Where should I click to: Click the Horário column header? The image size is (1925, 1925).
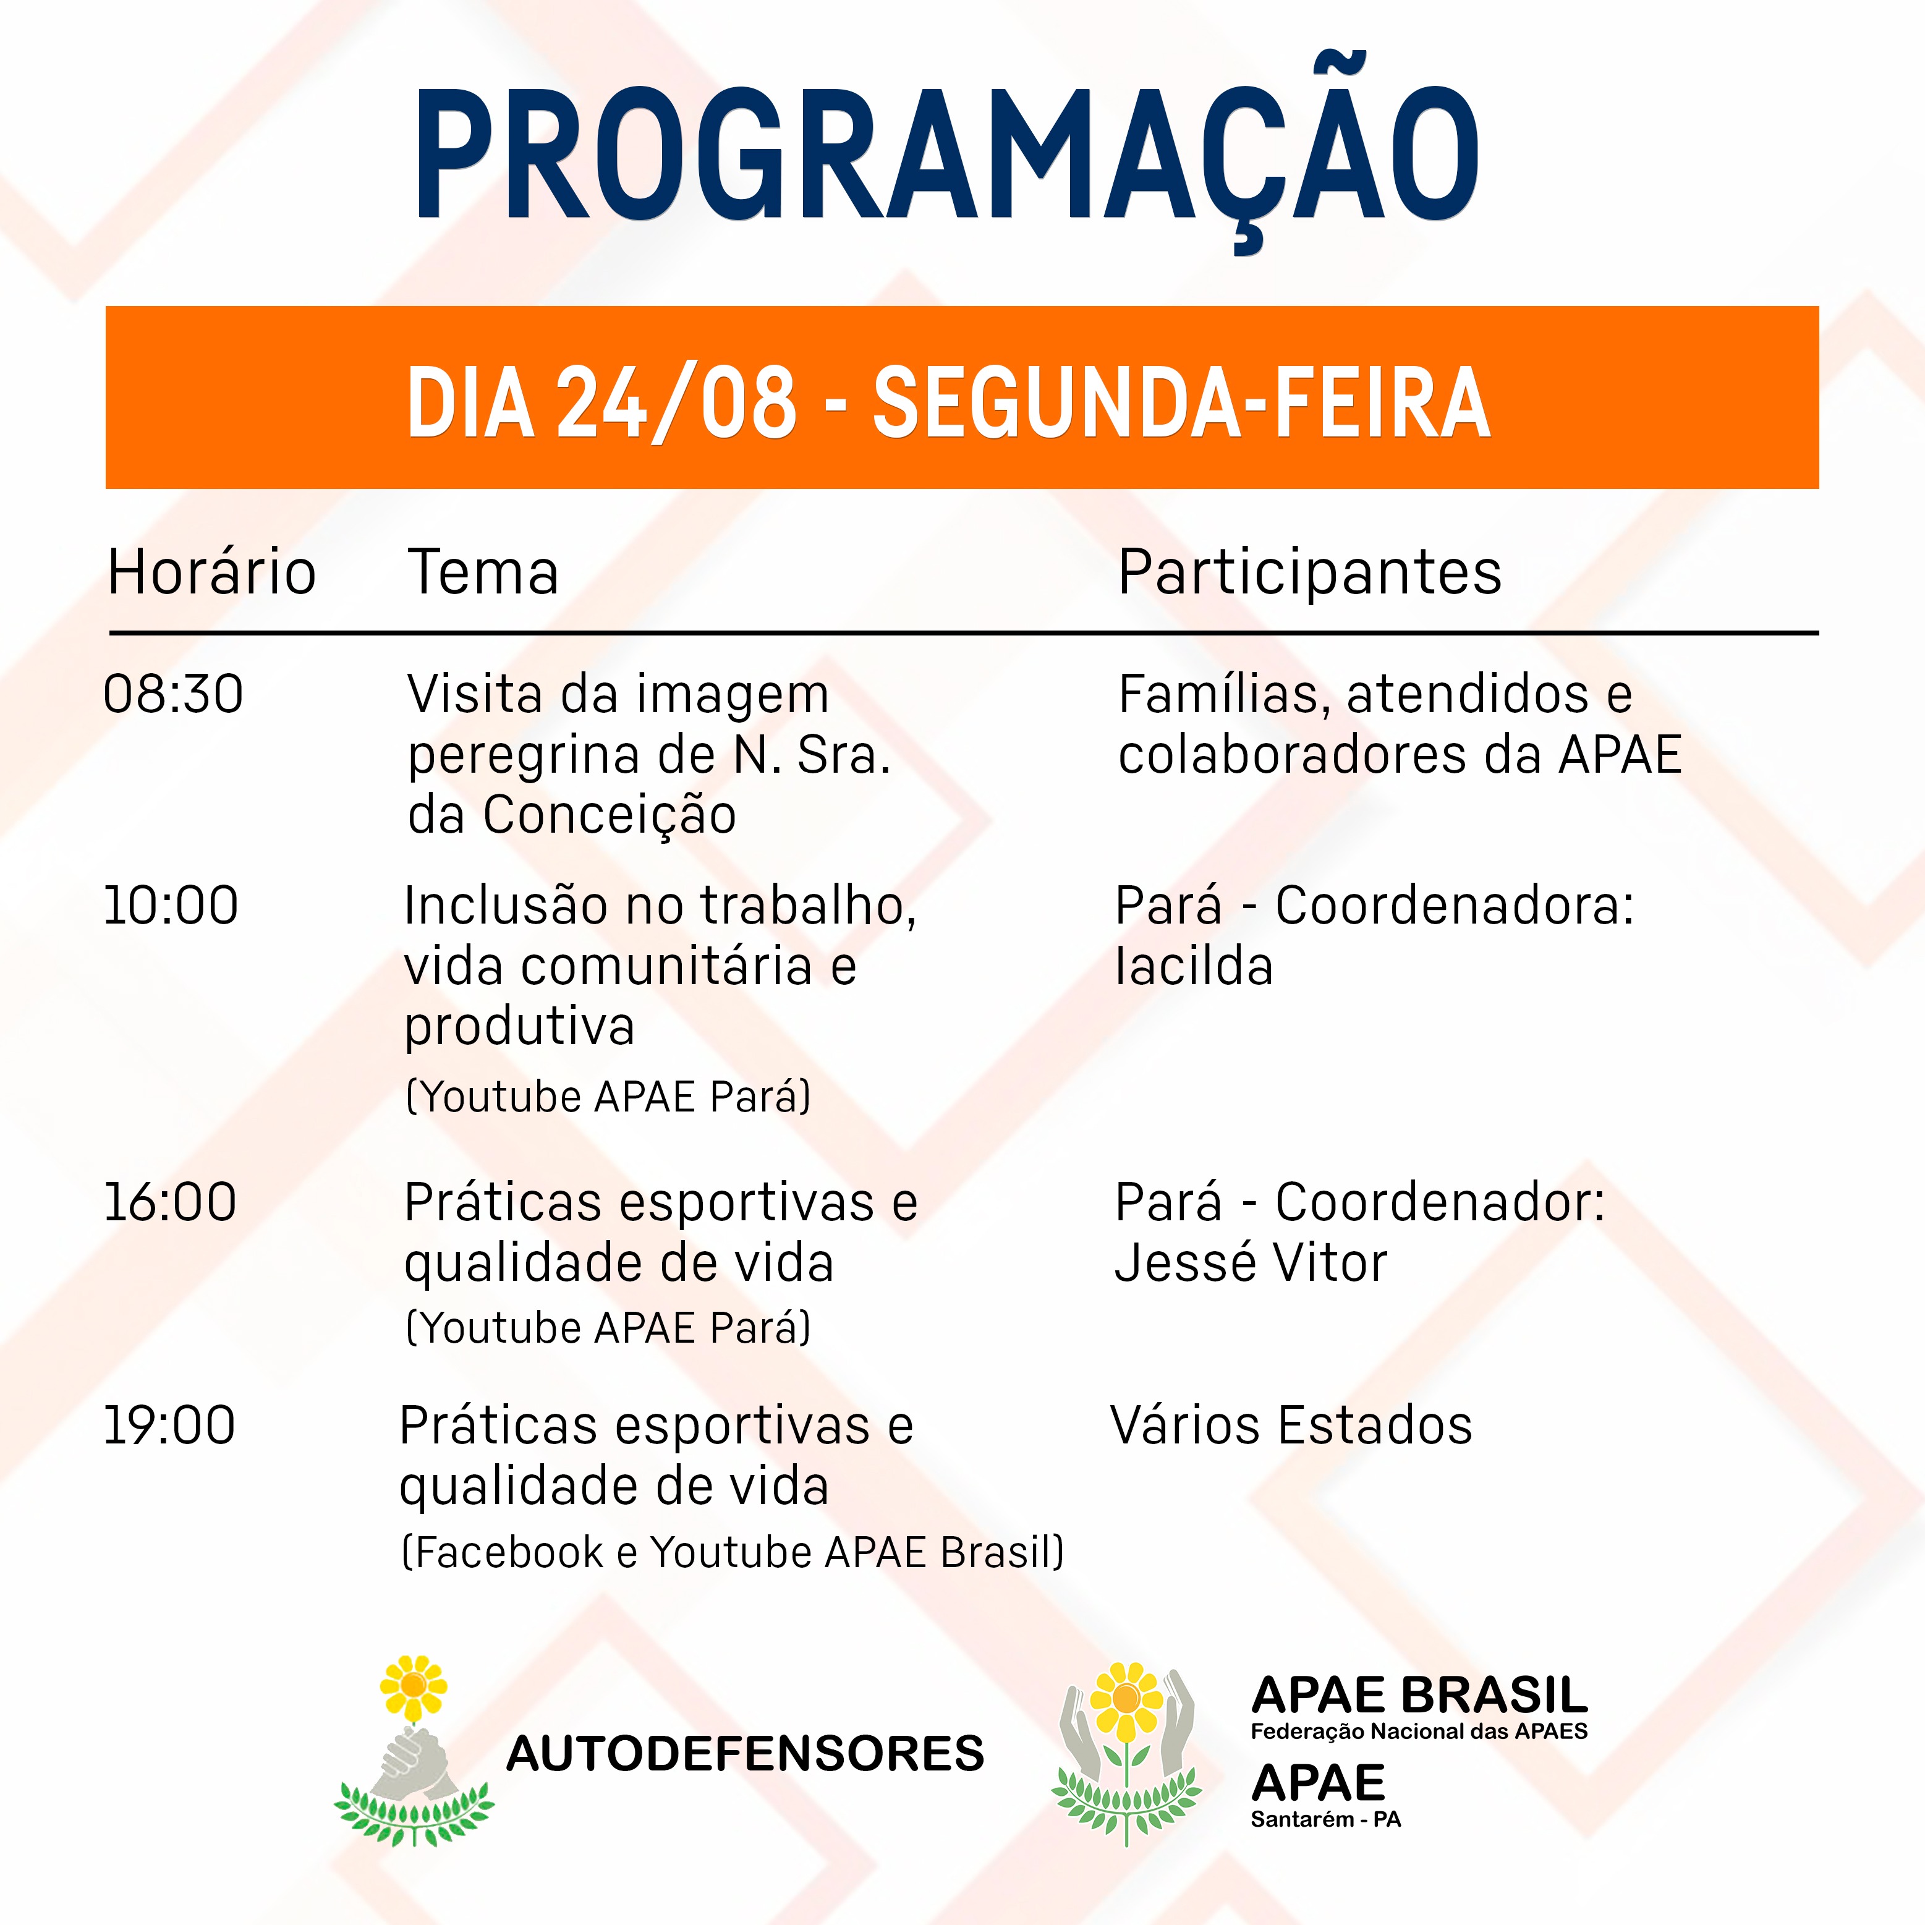click(211, 573)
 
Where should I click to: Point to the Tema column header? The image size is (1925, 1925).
click(483, 573)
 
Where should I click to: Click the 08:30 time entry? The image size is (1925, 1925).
click(173, 694)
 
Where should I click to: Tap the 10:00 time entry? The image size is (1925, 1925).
click(171, 906)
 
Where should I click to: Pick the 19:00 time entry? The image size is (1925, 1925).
click(169, 1426)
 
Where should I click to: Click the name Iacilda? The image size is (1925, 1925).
click(1194, 966)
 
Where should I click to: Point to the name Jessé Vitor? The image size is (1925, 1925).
click(1251, 1264)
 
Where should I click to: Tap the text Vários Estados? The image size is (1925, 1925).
click(1291, 1426)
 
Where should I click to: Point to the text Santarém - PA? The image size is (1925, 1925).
click(1326, 1819)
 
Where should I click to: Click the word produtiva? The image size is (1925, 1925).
click(519, 1028)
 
